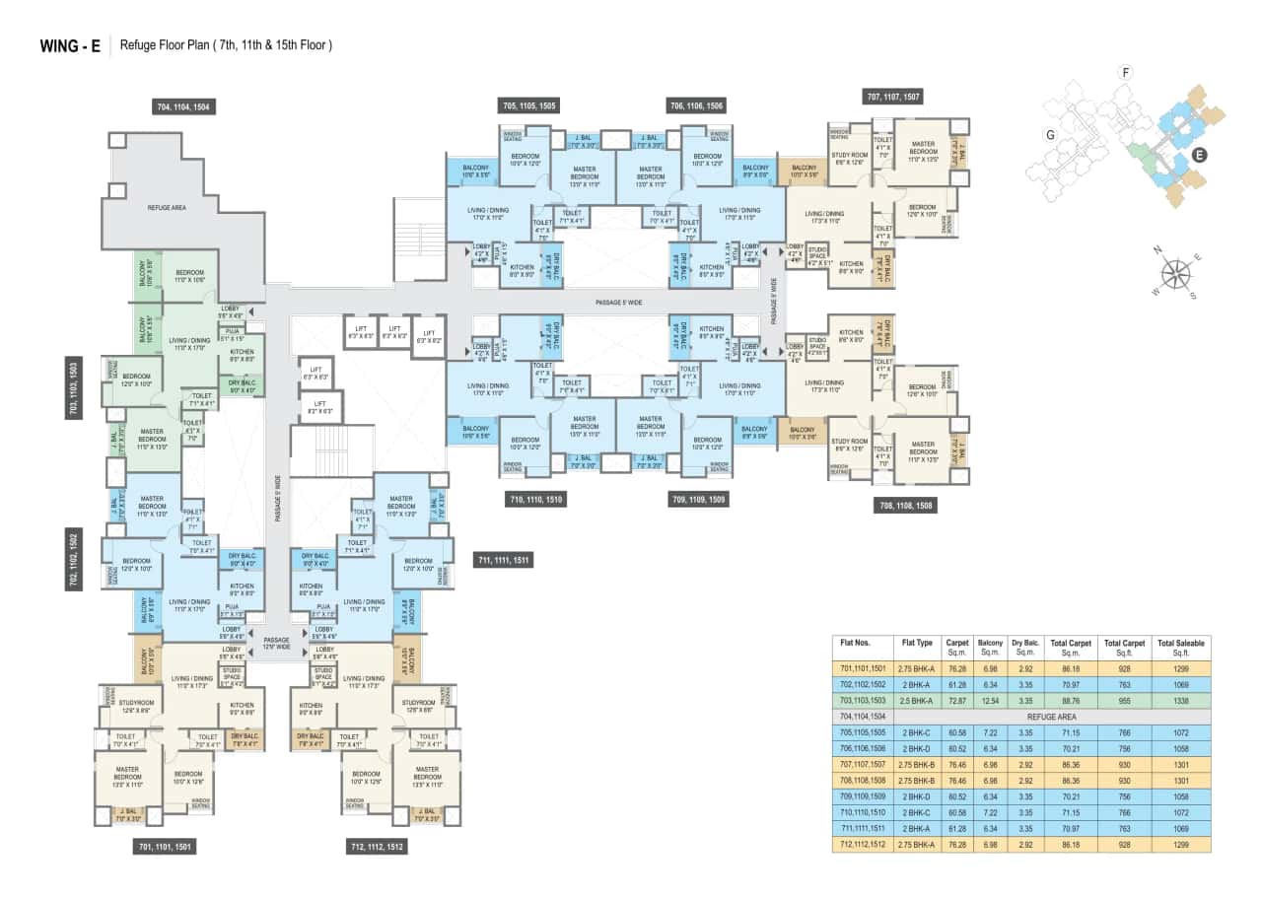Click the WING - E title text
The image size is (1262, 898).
click(x=69, y=45)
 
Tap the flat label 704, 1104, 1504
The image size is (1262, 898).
click(x=184, y=106)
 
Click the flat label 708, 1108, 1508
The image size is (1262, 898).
click(x=905, y=506)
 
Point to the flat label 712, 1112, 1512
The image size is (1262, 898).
click(x=378, y=847)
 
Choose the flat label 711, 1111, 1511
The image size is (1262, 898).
click(x=504, y=561)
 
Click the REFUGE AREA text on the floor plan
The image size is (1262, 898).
click(x=167, y=208)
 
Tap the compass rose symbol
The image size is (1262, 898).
click(x=1174, y=271)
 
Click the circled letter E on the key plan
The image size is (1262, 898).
click(x=1199, y=155)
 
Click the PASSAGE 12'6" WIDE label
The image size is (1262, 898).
click(x=277, y=644)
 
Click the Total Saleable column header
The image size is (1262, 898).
click(x=1181, y=648)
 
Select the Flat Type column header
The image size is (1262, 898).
click(x=916, y=642)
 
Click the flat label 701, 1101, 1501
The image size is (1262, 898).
click(x=164, y=847)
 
